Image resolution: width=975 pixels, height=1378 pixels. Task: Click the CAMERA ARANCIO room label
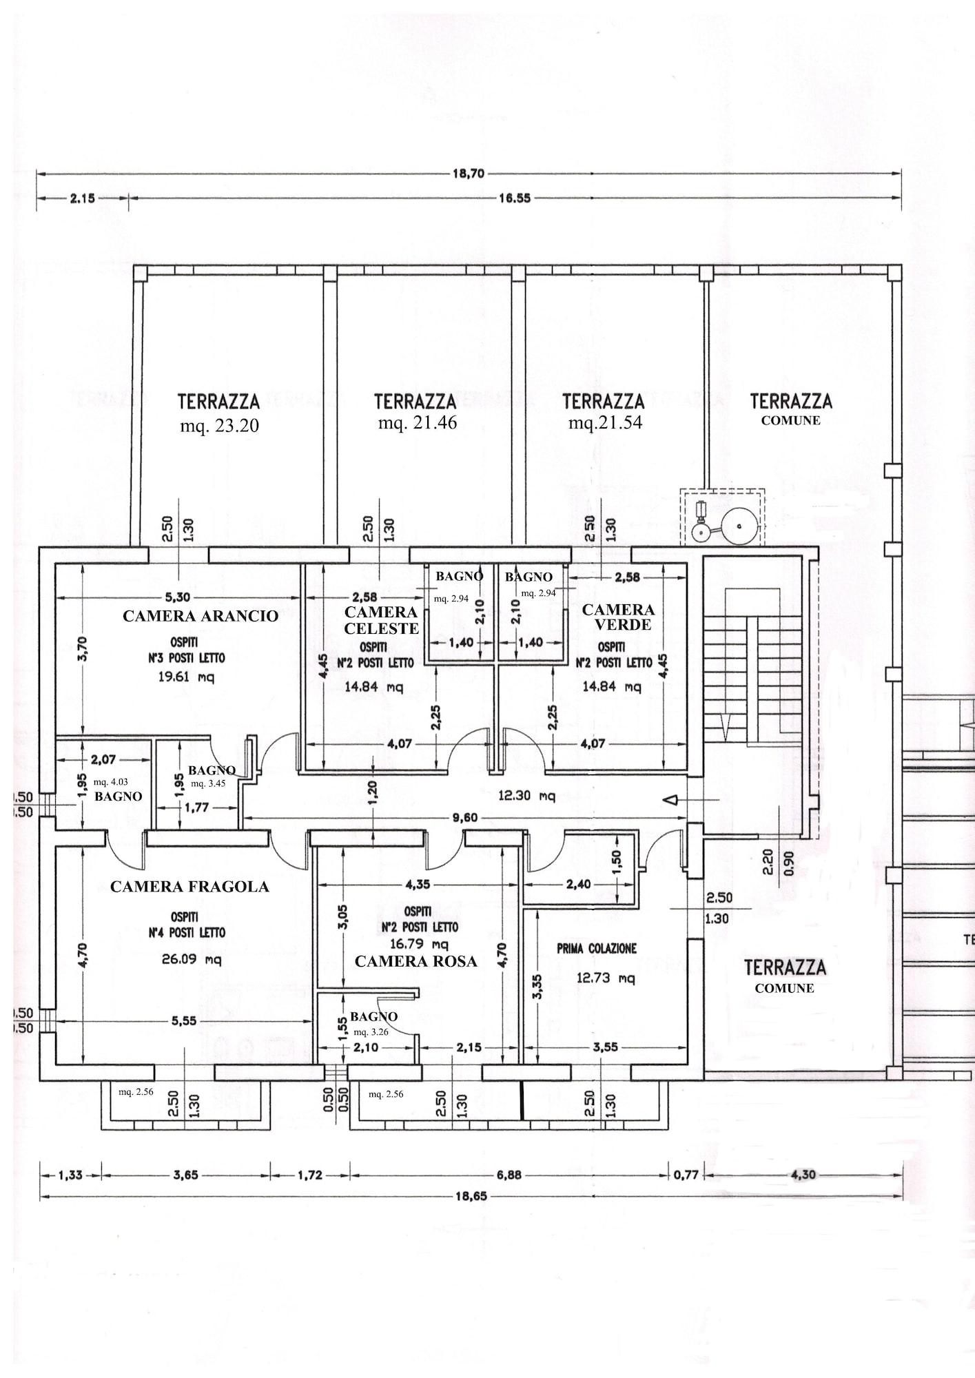coord(201,616)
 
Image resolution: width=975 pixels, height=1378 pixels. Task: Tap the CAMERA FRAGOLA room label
coord(189,887)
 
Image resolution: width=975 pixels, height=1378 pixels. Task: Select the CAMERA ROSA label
coord(415,961)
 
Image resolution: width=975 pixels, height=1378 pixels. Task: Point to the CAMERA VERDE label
coord(618,617)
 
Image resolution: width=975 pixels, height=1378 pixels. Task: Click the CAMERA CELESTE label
coord(381,620)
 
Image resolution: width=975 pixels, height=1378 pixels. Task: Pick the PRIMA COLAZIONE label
coord(597,949)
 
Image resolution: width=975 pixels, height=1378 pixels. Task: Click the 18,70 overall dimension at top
coord(469,174)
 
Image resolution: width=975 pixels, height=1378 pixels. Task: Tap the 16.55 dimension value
coord(514,198)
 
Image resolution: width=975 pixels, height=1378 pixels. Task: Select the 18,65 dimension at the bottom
coord(471,1196)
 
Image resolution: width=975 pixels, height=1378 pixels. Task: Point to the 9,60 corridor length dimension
coord(464,818)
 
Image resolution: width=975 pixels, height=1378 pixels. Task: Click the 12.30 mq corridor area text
coord(526,796)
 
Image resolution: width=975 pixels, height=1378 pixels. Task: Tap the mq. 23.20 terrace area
coord(220,426)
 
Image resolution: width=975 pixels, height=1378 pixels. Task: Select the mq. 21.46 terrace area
coord(418,423)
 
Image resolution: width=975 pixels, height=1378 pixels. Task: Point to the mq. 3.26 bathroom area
coord(371,1032)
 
